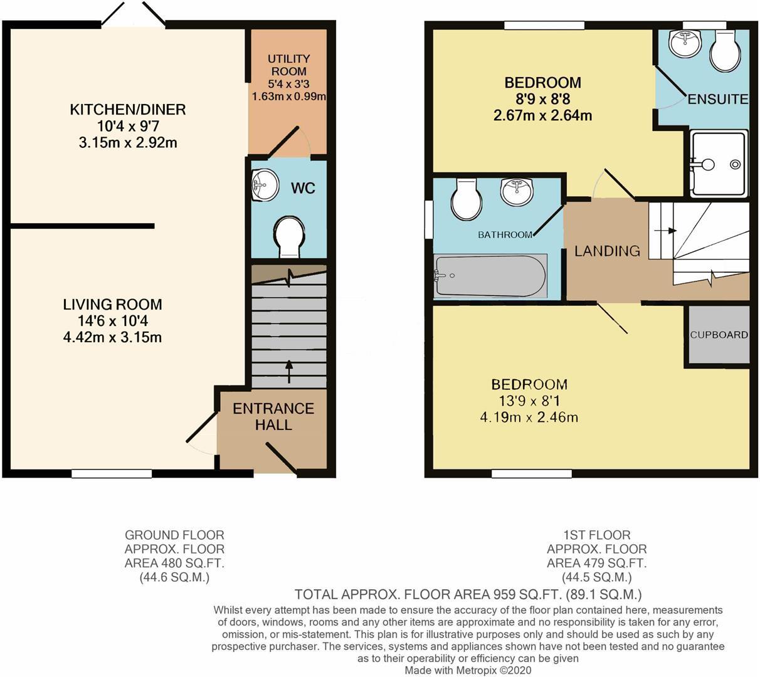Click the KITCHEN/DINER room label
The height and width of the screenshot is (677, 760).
click(127, 110)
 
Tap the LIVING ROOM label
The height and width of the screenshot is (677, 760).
click(112, 305)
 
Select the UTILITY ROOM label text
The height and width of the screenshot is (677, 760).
click(288, 65)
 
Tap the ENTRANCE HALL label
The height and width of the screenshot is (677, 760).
click(273, 416)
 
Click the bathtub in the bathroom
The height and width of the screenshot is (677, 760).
click(490, 276)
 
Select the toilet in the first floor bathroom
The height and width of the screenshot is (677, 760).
click(466, 198)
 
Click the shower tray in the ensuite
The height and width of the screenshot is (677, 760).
click(719, 164)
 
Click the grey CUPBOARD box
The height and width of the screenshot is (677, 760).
click(719, 334)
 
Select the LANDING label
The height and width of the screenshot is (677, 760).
click(607, 251)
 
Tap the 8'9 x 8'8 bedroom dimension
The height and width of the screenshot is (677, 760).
click(543, 99)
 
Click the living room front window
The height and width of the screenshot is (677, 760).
click(112, 474)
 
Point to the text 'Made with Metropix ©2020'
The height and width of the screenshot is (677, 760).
click(468, 670)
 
